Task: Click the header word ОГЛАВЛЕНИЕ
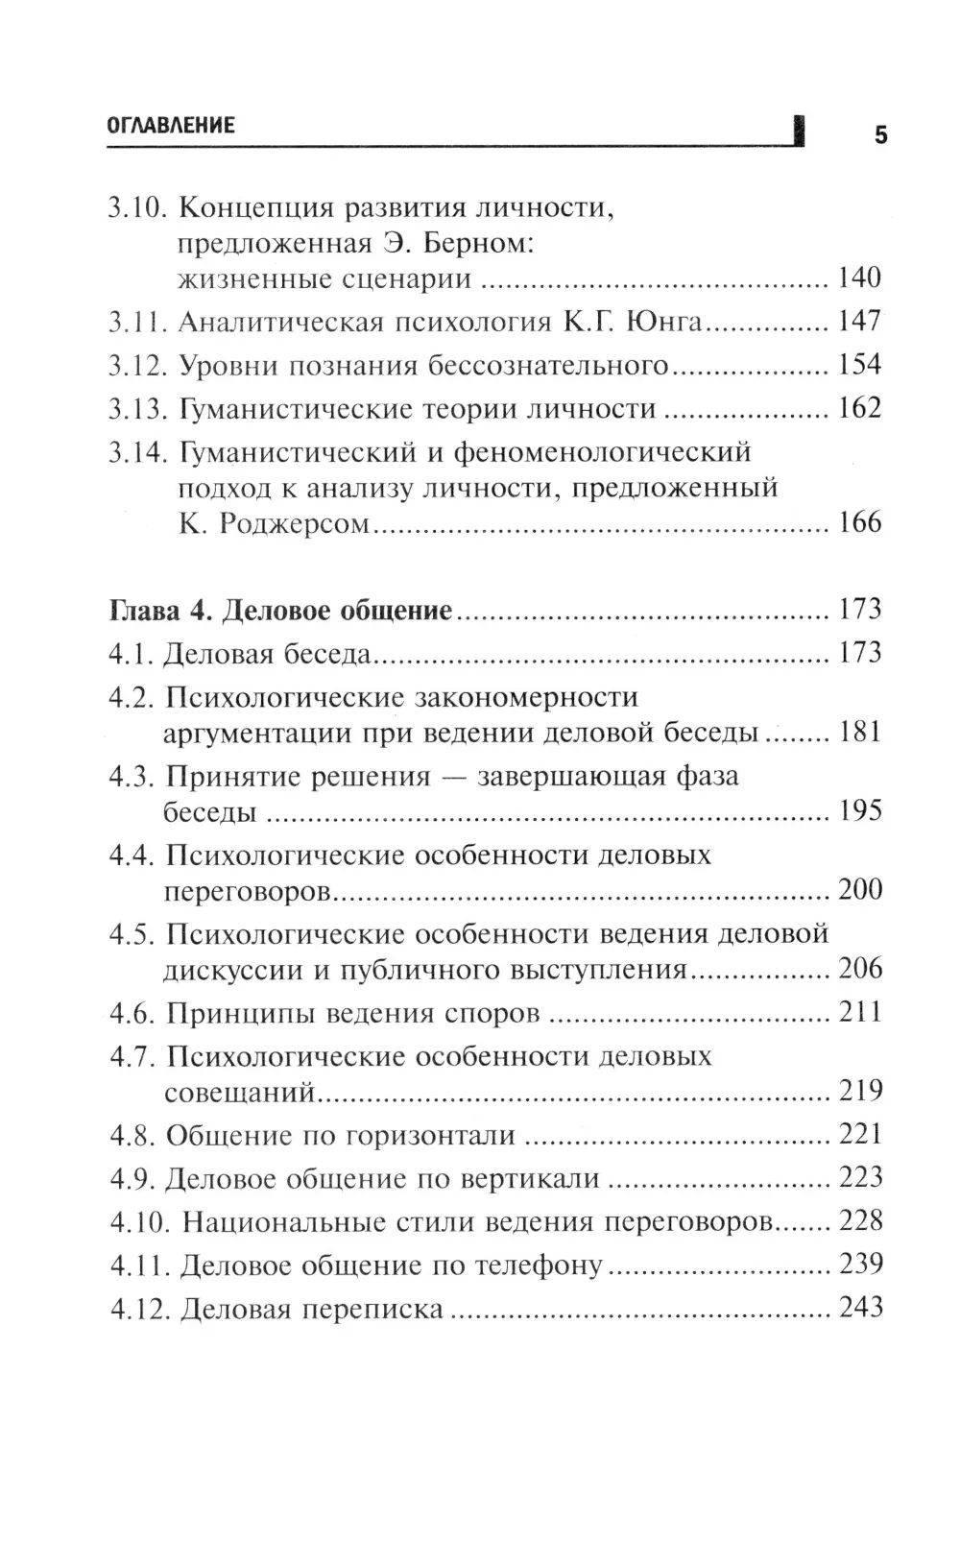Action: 171,126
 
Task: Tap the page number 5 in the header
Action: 880,135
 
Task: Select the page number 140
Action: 859,278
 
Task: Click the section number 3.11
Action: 136,323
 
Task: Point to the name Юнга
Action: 664,323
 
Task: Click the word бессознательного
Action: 548,366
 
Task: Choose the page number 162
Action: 859,409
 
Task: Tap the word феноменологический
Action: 602,452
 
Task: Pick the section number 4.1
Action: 131,655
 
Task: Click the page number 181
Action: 859,733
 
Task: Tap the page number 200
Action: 859,890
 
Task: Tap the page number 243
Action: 860,1309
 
